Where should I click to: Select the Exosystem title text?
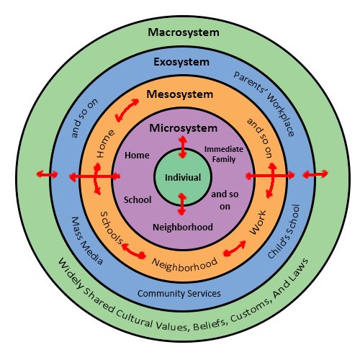181,63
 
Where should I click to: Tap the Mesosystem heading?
180,94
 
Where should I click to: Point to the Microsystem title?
182,127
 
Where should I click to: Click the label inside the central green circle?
182,177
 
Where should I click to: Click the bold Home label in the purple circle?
137,155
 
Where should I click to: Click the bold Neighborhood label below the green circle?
182,227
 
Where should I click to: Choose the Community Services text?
179,294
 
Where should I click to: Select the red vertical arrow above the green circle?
182,147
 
